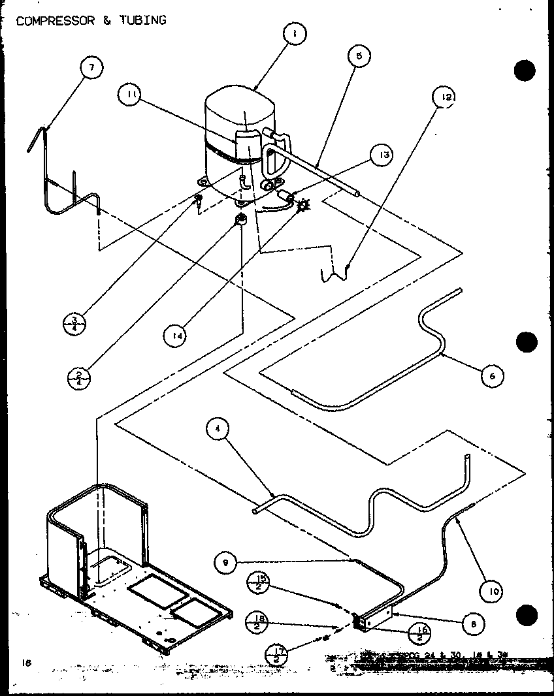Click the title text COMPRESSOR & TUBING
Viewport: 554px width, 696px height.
[x=91, y=20]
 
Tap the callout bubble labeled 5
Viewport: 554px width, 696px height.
[x=359, y=57]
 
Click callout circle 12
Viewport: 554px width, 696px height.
[x=444, y=98]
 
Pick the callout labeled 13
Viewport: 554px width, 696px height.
[x=382, y=155]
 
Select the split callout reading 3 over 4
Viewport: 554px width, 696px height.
[x=75, y=323]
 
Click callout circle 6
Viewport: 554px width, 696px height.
[x=492, y=375]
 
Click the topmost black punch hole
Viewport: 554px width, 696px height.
[x=525, y=70]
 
